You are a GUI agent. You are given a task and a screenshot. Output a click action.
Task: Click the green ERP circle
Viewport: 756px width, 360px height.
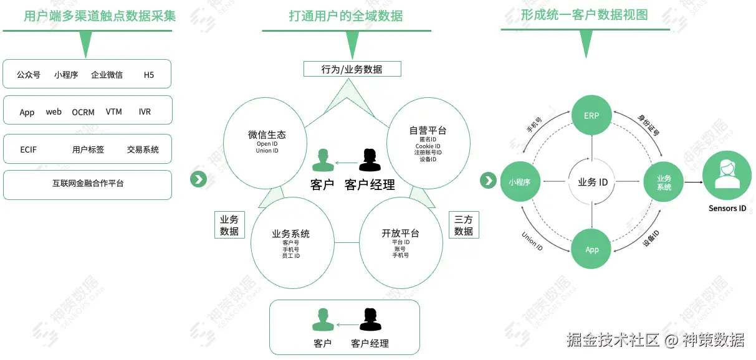tap(591, 115)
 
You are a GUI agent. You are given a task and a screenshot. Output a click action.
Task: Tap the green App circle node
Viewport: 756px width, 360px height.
tap(591, 249)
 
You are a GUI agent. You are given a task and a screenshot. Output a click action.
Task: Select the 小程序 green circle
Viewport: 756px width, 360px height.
tap(519, 182)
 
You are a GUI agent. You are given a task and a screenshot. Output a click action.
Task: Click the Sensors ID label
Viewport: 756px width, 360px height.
tap(727, 208)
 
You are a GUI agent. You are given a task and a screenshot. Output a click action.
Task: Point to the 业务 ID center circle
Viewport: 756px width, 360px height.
tap(592, 182)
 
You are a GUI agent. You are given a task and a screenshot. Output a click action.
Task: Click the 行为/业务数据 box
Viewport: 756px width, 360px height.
tap(352, 69)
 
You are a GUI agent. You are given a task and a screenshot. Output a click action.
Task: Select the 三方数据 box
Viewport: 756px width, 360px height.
tap(463, 225)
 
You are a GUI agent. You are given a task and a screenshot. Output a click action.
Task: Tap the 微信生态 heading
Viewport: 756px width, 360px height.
tap(267, 135)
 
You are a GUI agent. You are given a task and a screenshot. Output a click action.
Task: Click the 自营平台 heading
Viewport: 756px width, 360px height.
tap(428, 131)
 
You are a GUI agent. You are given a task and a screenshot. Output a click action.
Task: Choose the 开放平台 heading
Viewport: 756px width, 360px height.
tap(400, 233)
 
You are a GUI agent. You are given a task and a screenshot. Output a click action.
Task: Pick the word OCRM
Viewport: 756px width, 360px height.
tap(83, 112)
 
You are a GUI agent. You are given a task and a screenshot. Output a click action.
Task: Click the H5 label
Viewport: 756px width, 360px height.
tap(148, 75)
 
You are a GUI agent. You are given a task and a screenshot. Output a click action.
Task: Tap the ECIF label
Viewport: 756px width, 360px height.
tap(29, 149)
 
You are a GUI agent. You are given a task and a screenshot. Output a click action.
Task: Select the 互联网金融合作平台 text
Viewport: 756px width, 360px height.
tap(88, 184)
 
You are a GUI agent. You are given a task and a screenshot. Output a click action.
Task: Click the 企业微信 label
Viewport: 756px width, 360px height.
tap(107, 75)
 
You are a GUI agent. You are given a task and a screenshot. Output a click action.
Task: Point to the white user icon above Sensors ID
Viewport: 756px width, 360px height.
tap(727, 174)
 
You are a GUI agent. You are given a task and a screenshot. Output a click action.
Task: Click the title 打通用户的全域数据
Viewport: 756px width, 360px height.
tap(345, 16)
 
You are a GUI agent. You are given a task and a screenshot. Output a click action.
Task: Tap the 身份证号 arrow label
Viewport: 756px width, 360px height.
tap(649, 125)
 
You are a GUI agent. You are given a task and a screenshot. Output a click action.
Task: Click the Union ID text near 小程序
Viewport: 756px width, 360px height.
tap(532, 241)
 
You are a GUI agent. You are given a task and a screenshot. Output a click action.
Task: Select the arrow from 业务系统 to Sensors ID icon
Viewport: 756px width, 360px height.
tap(692, 182)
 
